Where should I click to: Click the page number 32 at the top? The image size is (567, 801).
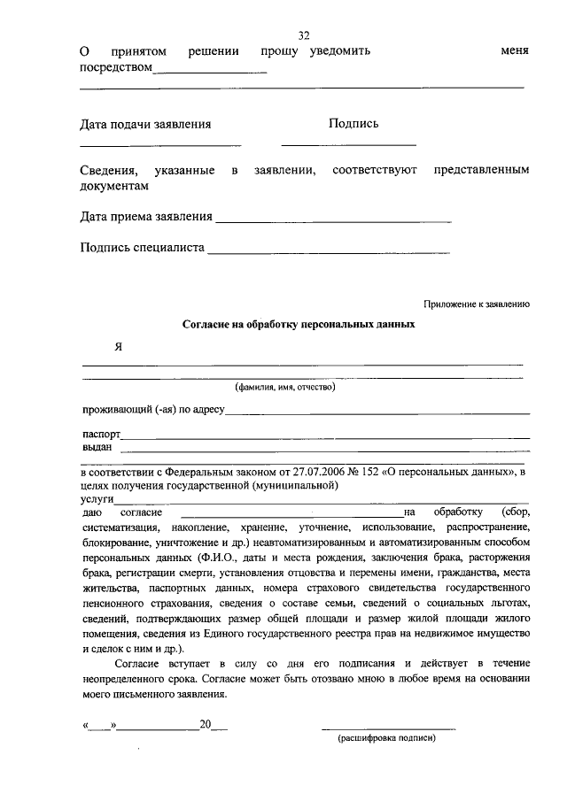(x=304, y=35)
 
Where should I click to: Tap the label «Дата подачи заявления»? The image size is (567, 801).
(x=145, y=125)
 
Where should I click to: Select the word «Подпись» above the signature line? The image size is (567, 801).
(x=353, y=125)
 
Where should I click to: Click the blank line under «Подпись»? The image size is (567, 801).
(x=348, y=143)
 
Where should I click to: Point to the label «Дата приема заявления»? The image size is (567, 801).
(x=146, y=216)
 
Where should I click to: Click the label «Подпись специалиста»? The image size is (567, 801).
(x=142, y=248)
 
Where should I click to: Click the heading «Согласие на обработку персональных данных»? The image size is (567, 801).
(x=299, y=325)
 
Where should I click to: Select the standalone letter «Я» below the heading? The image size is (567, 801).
(x=118, y=347)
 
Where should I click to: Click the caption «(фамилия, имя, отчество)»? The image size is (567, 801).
(x=285, y=387)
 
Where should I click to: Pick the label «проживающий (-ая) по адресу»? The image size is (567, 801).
(x=154, y=410)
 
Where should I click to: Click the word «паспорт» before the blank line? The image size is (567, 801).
(x=101, y=435)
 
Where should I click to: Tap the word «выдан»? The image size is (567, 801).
(x=97, y=447)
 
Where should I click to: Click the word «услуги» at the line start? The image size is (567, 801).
(x=97, y=498)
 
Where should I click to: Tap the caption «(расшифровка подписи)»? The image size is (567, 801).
(x=386, y=737)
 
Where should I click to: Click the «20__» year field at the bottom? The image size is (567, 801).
(x=213, y=725)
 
